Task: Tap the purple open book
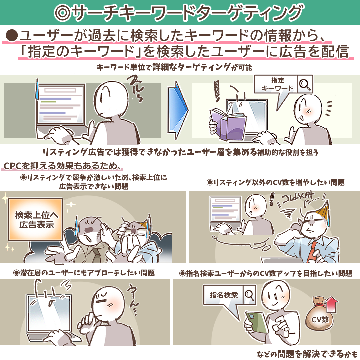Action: [227, 124]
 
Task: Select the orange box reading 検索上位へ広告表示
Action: [36, 219]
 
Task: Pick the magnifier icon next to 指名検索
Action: [249, 295]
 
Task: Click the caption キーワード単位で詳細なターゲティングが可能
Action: [174, 67]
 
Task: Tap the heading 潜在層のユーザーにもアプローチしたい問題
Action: [84, 273]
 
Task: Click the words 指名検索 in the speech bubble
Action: [224, 295]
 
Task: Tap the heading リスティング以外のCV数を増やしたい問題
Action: [276, 183]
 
